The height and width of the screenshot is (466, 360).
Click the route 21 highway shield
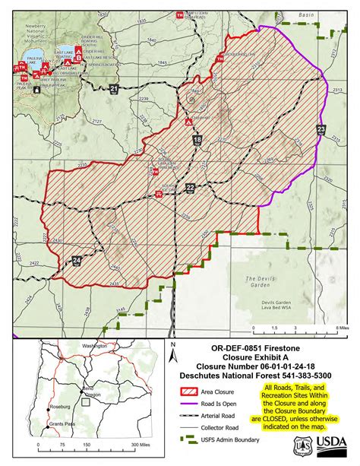(114, 90)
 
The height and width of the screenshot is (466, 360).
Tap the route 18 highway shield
(197, 140)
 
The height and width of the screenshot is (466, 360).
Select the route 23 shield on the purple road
(321, 130)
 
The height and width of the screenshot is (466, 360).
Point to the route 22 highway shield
(190, 186)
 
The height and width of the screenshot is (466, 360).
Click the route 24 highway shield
(77, 261)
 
